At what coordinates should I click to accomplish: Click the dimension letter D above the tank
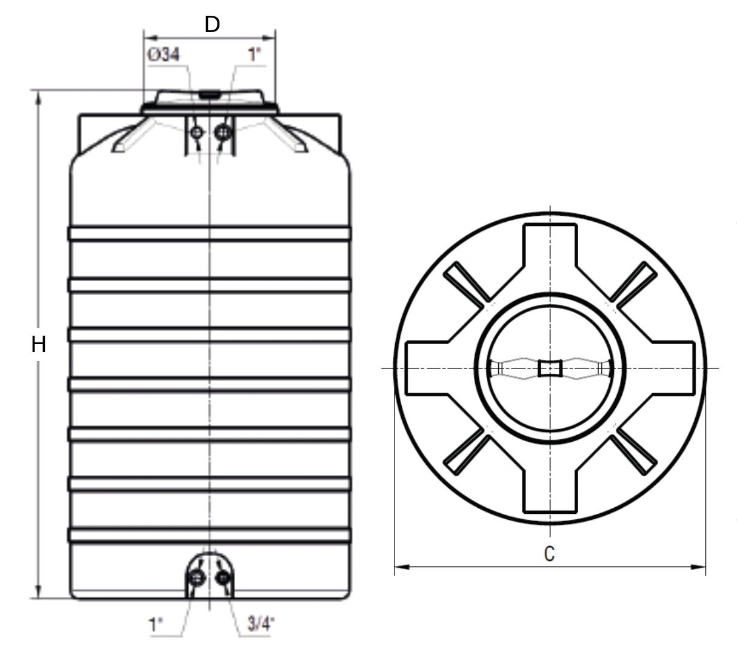(212, 25)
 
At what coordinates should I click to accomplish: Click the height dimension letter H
(39, 344)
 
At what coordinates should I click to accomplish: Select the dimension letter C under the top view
(549, 554)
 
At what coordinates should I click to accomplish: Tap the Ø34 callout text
(164, 55)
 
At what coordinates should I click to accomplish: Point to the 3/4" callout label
(261, 624)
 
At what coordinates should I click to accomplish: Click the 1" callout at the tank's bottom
(155, 625)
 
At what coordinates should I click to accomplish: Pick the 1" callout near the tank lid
(255, 55)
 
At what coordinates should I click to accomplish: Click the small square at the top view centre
(550, 368)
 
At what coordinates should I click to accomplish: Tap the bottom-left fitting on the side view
(196, 578)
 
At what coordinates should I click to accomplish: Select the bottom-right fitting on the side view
(222, 578)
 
